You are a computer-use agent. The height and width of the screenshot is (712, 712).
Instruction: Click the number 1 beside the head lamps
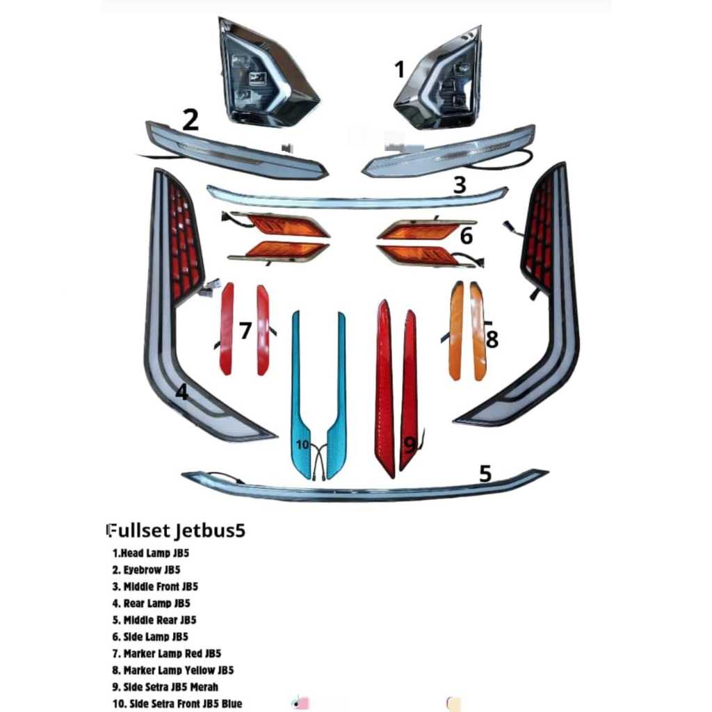pyautogui.click(x=399, y=70)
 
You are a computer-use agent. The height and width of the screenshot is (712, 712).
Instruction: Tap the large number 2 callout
pyautogui.click(x=191, y=120)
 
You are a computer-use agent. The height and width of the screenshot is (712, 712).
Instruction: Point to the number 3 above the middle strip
pyautogui.click(x=460, y=185)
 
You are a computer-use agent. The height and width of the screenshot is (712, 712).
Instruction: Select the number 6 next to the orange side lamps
pyautogui.click(x=467, y=236)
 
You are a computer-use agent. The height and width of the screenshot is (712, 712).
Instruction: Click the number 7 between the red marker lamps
pyautogui.click(x=245, y=330)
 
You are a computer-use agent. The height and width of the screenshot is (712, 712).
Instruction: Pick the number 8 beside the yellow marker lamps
pyautogui.click(x=492, y=339)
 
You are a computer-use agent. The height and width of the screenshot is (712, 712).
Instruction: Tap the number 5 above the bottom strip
pyautogui.click(x=485, y=474)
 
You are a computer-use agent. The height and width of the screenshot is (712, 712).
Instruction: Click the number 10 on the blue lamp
pyautogui.click(x=302, y=444)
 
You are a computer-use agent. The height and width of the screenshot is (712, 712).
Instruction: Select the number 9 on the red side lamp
pyautogui.click(x=410, y=446)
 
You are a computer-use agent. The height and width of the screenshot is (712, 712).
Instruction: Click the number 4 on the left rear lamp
pyautogui.click(x=181, y=392)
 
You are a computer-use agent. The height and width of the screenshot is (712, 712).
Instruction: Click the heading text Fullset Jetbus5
pyautogui.click(x=176, y=531)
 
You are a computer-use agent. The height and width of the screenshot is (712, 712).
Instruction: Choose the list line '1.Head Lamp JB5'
pyautogui.click(x=151, y=553)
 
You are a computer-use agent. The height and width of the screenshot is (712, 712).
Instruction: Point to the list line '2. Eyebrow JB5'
pyautogui.click(x=146, y=570)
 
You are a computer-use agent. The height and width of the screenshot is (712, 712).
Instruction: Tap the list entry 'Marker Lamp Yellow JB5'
pyautogui.click(x=179, y=670)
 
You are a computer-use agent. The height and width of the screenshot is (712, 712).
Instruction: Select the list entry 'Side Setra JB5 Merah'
pyautogui.click(x=171, y=687)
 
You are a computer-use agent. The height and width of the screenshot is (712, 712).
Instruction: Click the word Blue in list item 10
pyautogui.click(x=232, y=704)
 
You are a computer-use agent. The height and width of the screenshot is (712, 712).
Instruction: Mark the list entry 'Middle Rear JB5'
pyautogui.click(x=160, y=620)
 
